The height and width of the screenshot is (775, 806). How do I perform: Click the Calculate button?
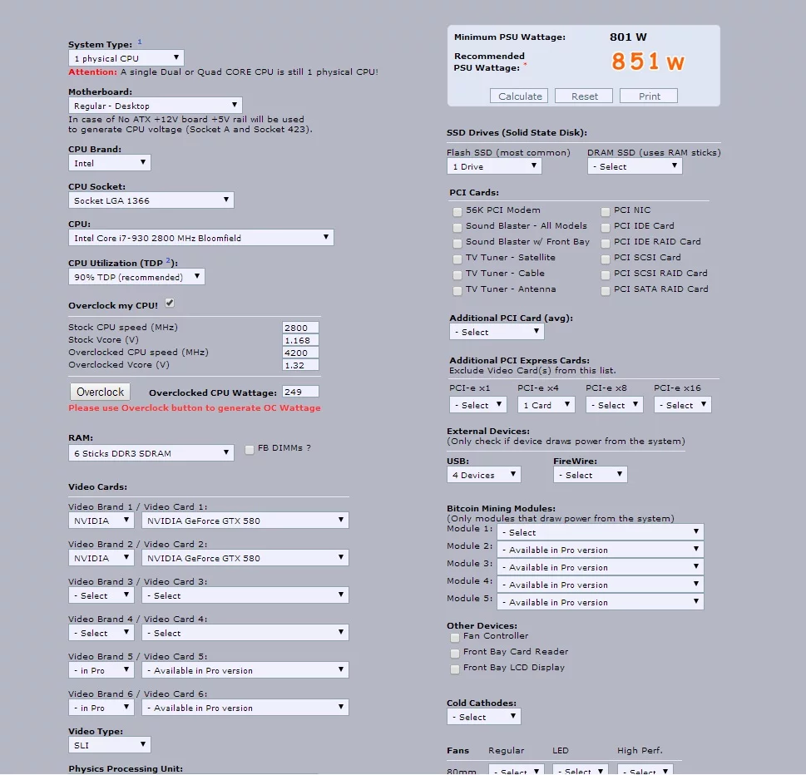coord(520,96)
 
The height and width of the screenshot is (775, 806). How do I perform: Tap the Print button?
coord(649,96)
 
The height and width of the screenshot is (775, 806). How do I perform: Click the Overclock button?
coord(100,392)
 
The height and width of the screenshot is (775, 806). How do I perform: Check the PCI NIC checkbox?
coord(606,211)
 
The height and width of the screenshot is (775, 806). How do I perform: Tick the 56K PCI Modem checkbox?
coord(457,211)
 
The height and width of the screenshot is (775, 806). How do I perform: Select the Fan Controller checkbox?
coord(455,637)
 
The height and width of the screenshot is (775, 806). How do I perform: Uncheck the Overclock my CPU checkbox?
coord(170,303)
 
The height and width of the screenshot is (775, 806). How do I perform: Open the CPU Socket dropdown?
coord(151,200)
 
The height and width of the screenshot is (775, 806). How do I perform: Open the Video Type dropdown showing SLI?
coord(109,746)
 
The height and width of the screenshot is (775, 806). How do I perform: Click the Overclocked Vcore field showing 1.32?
coord(300,365)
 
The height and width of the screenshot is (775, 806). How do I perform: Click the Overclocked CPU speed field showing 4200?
coord(300,353)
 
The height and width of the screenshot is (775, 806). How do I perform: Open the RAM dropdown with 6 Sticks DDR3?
coord(151,453)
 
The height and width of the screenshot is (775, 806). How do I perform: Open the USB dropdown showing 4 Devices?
coord(483,475)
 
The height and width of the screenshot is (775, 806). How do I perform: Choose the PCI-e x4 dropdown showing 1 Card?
coord(546,405)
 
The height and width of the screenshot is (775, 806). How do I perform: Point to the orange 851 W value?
coord(648,62)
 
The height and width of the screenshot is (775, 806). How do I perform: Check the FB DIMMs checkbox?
coord(250,450)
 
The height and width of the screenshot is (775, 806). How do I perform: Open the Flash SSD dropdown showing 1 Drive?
coord(494,166)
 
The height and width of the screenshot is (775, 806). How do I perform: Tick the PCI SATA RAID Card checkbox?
coord(606,290)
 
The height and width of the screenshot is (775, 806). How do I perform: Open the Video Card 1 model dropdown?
coord(245,521)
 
